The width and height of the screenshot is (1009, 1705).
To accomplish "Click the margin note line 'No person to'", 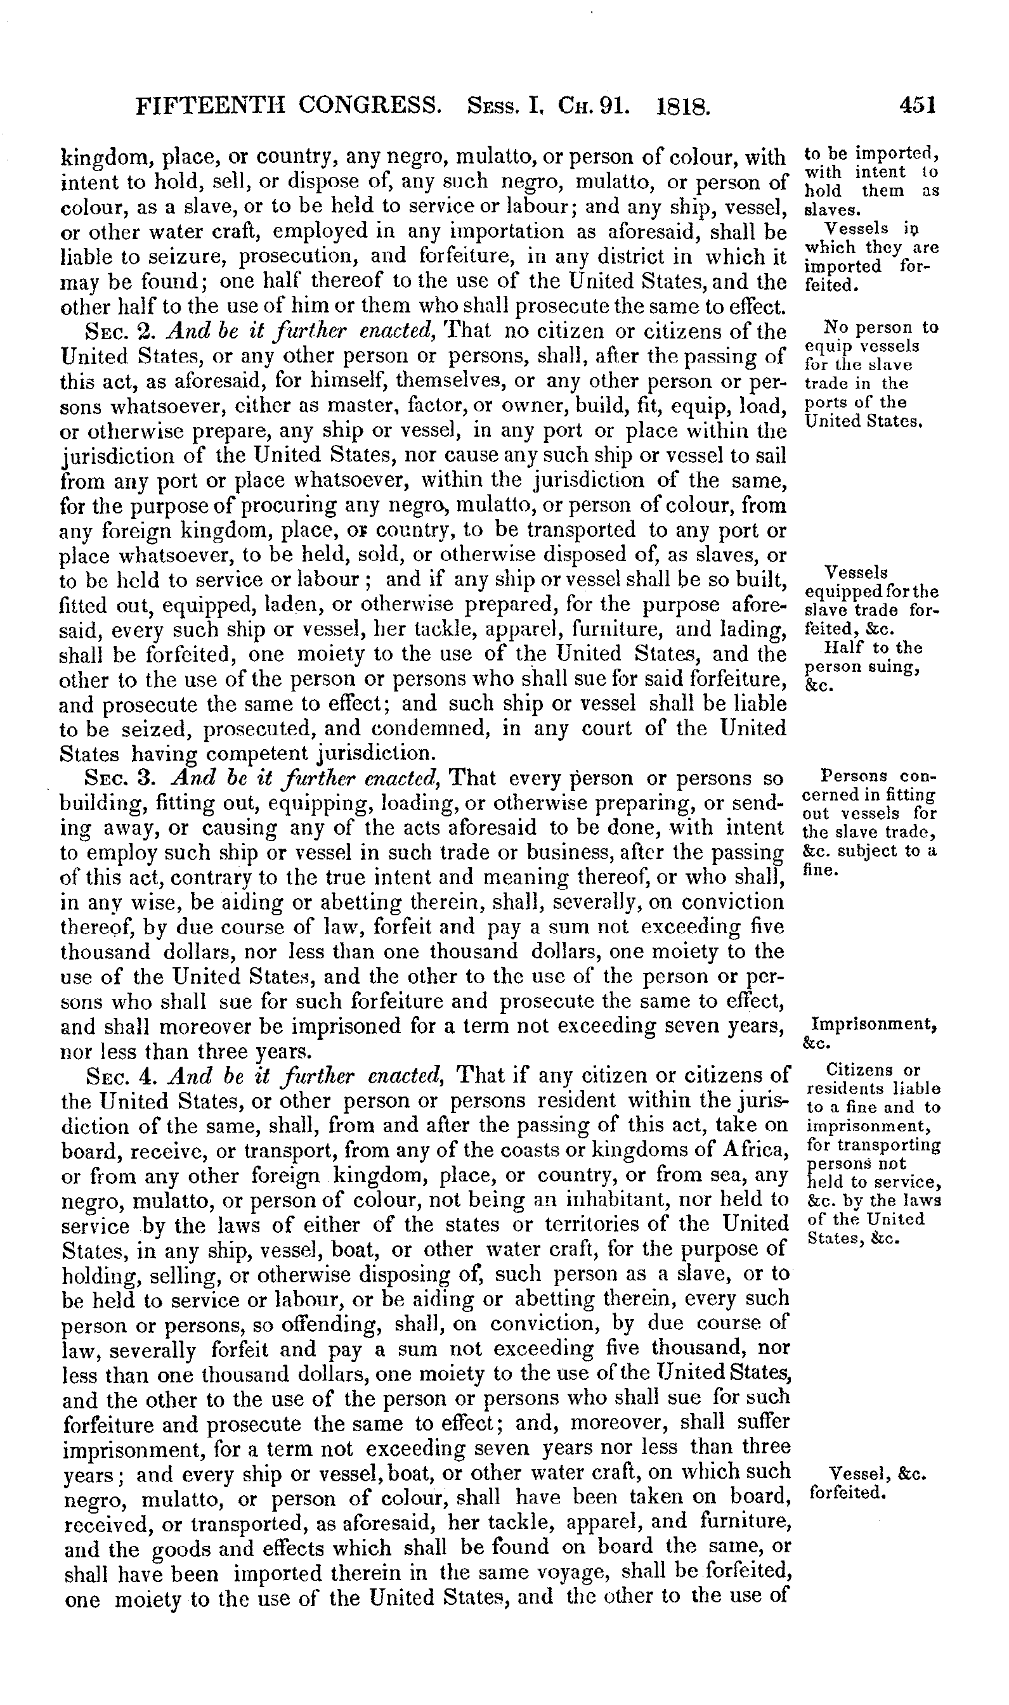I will (880, 328).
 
